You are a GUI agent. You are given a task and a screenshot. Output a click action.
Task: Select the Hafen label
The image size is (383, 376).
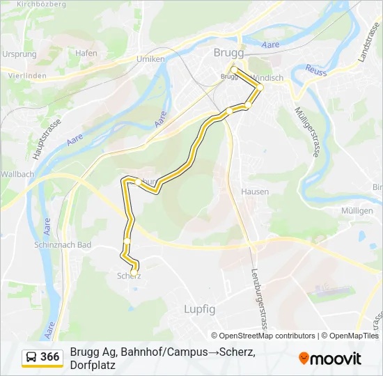click(x=86, y=53)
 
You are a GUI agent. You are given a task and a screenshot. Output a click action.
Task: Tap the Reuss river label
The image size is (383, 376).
click(x=316, y=71)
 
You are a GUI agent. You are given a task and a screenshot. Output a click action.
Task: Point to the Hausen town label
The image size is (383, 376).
click(x=254, y=191)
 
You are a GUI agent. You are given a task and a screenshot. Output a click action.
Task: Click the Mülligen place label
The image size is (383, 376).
click(x=357, y=210)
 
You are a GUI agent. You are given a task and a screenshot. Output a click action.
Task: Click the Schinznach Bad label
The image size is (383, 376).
click(x=63, y=245)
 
